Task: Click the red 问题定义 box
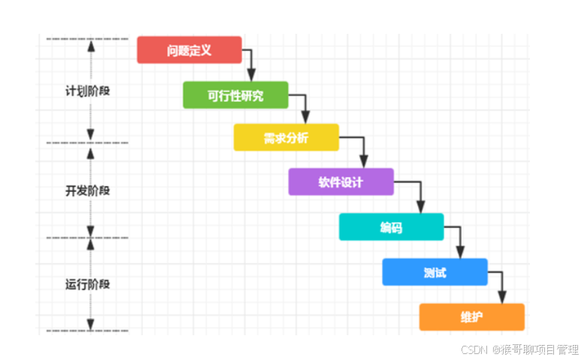189,50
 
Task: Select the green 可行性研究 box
235,95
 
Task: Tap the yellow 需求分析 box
286,138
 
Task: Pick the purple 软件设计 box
340,182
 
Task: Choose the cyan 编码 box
391,226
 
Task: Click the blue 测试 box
434,271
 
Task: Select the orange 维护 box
471,316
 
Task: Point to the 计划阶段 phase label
88,91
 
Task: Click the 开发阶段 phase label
88,190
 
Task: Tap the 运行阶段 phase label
88,284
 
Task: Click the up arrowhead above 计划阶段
91,44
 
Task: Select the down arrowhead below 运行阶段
91,325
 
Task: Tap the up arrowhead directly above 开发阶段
91,153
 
